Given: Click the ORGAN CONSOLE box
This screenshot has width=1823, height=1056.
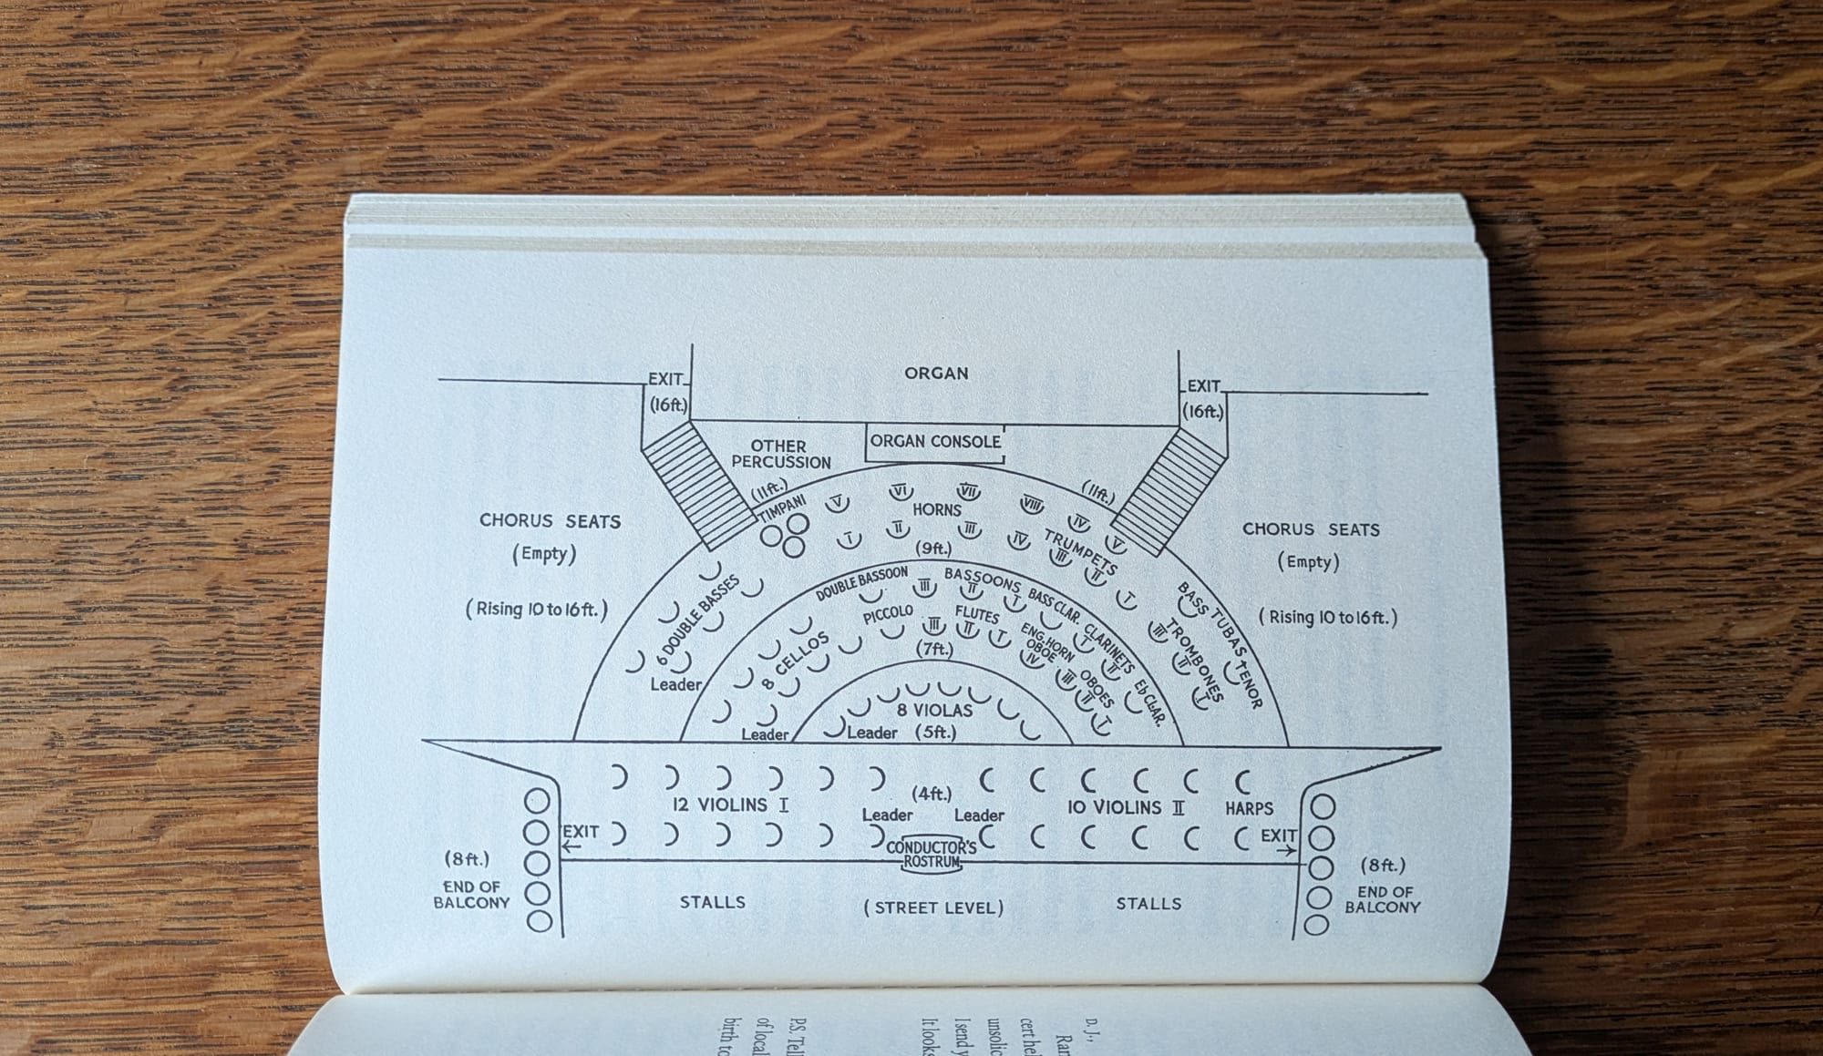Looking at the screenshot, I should pos(935,442).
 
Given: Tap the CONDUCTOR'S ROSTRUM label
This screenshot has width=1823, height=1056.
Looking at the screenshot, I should pos(932,855).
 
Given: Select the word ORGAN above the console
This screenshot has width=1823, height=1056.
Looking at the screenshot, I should pos(936,374).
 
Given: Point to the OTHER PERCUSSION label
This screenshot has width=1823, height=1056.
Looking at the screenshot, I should pos(779,454).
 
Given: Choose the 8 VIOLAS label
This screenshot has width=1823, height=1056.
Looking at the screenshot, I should pos(933,711).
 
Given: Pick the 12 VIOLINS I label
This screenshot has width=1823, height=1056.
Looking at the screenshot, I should pos(730,805).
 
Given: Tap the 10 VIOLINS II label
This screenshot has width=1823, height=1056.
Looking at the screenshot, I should pos(1125,807).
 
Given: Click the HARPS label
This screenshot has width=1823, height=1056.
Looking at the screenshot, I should pos(1249,809).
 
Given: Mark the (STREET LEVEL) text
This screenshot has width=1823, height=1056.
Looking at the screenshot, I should pos(933,907).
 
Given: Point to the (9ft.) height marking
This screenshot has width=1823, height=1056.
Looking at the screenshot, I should pos(933,549).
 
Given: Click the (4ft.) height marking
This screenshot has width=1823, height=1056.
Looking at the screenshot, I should pos(932,794).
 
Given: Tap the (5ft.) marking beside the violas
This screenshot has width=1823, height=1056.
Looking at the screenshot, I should pos(935,732).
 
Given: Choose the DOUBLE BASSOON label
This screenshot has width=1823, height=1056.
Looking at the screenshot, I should pos(861,583).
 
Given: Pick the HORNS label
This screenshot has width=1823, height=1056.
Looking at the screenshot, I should pos(936,510).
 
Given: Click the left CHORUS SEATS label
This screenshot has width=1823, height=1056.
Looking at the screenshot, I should pos(550,521).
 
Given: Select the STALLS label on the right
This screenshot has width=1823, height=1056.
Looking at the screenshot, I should pos(1148,904).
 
